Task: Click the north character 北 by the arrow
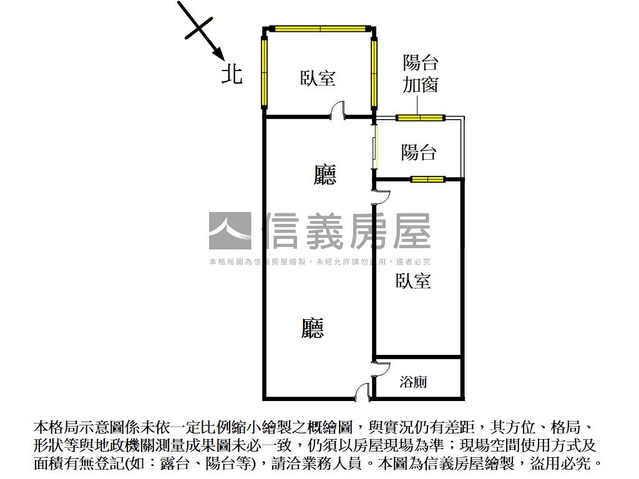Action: click(232, 75)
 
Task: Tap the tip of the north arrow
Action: click(224, 59)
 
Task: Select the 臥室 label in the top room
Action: click(318, 78)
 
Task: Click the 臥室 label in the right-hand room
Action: click(413, 281)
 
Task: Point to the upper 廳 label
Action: click(324, 175)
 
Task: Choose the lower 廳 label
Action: click(313, 328)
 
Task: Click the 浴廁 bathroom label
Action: click(413, 382)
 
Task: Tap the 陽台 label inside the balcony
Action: click(419, 152)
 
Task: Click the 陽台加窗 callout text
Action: click(421, 74)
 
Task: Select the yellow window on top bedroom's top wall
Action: click(320, 29)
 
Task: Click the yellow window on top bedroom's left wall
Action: click(264, 72)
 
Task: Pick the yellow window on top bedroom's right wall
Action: click(374, 72)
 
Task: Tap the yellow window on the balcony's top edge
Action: click(421, 118)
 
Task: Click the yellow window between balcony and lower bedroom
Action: click(427, 179)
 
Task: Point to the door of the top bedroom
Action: click(338, 110)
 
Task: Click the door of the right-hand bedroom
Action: click(381, 196)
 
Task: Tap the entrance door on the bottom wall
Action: click(363, 391)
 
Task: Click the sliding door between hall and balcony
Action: click(374, 147)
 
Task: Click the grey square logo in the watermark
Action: click(230, 231)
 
